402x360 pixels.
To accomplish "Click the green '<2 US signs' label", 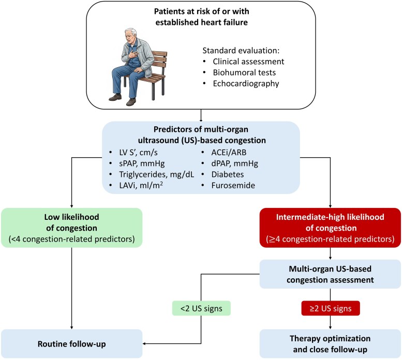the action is (201, 308).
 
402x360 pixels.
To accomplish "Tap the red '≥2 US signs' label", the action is (331, 308).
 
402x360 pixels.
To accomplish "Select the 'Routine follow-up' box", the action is (71, 343).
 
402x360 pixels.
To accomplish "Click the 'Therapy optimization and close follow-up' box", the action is (330, 343).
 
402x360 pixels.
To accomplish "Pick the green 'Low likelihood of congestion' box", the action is (71, 228).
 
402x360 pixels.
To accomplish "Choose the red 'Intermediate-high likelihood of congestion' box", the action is (330, 228).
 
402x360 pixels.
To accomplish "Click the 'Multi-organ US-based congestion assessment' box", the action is (330, 274).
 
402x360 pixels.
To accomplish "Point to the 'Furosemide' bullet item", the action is (233, 185).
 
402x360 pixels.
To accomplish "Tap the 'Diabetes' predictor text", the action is (228, 174).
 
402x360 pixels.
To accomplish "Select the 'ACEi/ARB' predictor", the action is (229, 153).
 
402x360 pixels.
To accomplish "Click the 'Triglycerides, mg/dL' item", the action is (156, 174).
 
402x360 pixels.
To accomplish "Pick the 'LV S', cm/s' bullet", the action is (138, 153).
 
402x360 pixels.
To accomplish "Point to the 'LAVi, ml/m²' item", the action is (141, 185).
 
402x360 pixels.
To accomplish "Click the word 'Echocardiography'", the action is (246, 83).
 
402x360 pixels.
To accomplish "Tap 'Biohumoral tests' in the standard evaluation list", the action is (244, 72).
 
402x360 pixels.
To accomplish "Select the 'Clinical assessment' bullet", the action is (248, 62).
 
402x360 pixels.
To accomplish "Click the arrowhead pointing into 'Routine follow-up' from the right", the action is (144, 343).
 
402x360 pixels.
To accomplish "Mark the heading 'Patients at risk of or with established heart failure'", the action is (201, 17).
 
